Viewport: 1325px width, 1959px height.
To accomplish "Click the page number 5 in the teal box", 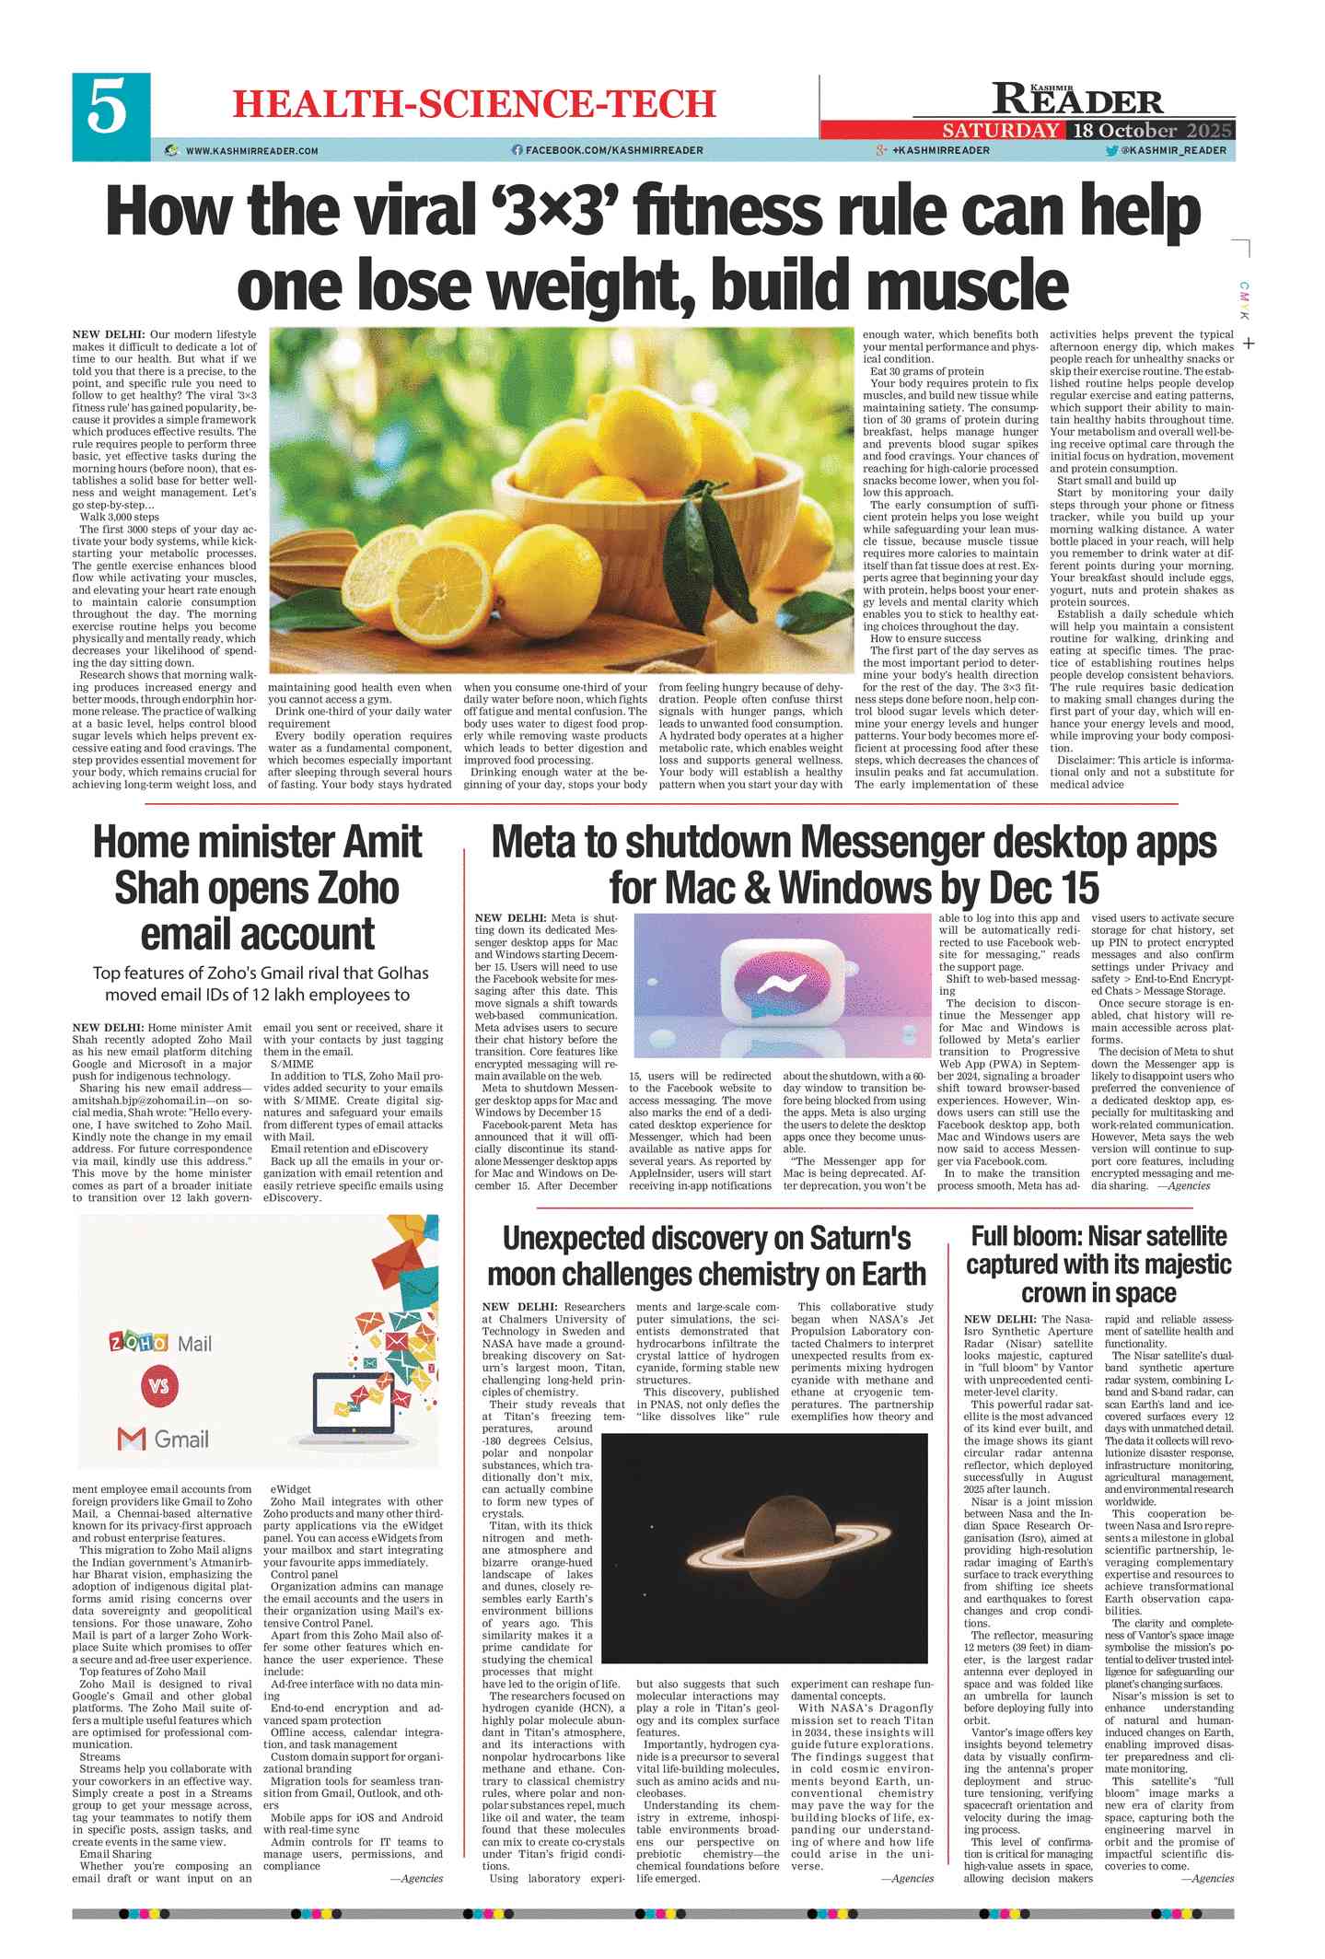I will point(108,107).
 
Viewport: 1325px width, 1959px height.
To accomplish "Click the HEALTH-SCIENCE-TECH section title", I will point(473,104).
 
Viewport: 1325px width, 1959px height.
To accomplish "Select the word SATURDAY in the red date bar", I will point(1000,131).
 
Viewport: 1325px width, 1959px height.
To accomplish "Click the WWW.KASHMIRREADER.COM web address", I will point(251,151).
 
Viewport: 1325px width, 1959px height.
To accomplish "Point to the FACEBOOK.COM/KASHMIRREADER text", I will point(613,150).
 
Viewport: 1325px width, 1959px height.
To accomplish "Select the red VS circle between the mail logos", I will point(159,1386).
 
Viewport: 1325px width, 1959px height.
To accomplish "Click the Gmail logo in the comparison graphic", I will point(164,1439).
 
